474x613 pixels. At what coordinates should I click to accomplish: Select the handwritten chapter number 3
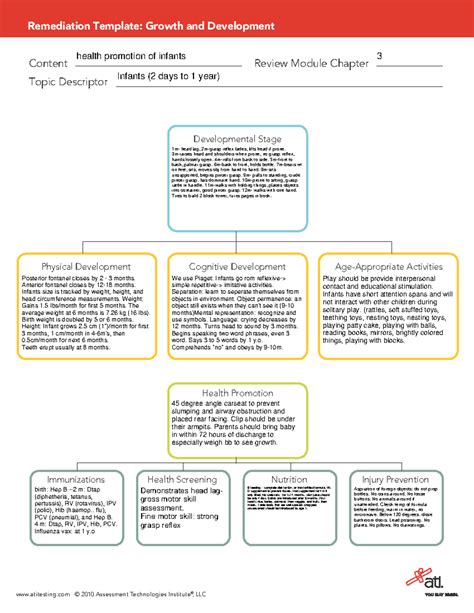coord(378,55)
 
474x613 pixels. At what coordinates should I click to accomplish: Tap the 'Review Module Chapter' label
coord(311,64)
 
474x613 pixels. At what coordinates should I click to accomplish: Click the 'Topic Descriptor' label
coord(67,83)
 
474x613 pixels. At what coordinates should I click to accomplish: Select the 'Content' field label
coord(48,64)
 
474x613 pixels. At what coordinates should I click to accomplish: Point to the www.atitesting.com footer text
coord(42,592)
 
